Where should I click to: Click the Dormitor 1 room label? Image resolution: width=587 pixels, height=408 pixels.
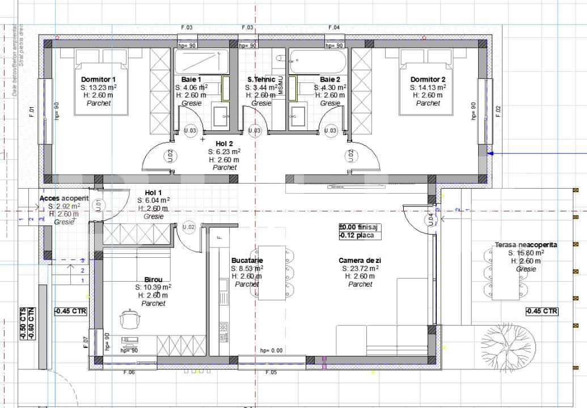click(x=98, y=79)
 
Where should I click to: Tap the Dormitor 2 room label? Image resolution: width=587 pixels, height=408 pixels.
click(x=428, y=79)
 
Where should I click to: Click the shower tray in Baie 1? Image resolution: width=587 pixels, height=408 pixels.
click(x=201, y=60)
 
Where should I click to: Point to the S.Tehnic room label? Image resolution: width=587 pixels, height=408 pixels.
click(x=261, y=79)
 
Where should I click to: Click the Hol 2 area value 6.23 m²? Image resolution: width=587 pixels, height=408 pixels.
click(x=224, y=152)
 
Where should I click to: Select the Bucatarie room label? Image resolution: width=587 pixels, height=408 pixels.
click(x=247, y=261)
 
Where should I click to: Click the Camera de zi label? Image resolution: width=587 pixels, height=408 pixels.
click(x=360, y=261)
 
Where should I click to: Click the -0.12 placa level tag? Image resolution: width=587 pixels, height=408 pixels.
click(x=356, y=236)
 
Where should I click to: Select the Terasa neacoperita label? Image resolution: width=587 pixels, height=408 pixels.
click(x=526, y=245)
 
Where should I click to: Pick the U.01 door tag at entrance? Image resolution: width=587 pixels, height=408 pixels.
click(x=98, y=205)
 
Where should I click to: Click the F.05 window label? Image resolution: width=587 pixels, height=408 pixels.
click(x=271, y=372)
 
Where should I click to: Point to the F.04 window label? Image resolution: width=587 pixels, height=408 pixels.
click(x=334, y=27)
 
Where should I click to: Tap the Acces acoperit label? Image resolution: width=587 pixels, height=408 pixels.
click(x=64, y=198)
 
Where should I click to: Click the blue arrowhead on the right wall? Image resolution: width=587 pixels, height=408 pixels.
click(x=492, y=153)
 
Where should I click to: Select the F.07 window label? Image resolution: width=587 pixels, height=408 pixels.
click(x=86, y=342)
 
